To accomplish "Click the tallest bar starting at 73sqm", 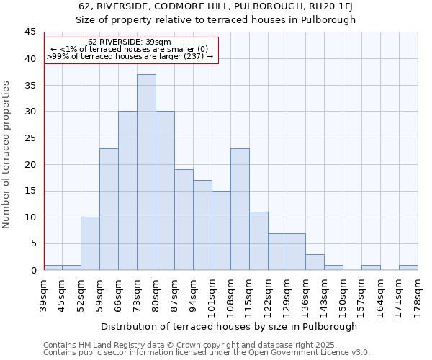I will coord(146,172).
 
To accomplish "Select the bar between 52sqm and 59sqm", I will coord(90,243).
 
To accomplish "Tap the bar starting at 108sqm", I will coord(240,209).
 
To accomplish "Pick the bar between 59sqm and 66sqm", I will coord(109,209).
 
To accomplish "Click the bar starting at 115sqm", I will coord(258,240).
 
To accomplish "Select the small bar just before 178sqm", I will coord(408,267).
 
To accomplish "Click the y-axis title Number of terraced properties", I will coord(7,155).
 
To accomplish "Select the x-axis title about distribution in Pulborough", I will coord(229,326).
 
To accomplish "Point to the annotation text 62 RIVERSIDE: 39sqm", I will coord(130,42).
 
